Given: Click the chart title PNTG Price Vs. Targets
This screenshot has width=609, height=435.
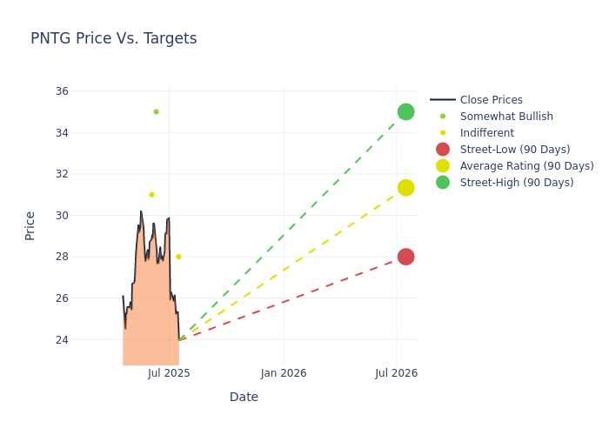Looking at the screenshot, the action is coord(113,38).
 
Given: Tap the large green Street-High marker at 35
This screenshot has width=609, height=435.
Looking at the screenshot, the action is coord(405,112).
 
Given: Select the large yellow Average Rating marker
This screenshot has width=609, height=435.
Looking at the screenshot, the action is coord(405,188).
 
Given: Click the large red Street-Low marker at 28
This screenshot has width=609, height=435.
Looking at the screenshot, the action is coord(405,257).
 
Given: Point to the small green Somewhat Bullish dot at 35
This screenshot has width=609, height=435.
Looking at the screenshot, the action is coord(156,112).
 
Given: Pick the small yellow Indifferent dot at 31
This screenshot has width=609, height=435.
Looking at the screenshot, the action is coord(151,195).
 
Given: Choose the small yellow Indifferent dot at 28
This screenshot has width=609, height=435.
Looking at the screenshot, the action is coord(178,257).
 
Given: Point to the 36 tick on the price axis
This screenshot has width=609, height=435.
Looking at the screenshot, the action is coord(62,90).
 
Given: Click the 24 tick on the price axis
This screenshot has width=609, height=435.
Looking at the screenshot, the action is coord(62,340).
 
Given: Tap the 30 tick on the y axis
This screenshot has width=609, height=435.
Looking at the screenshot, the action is coord(62,216).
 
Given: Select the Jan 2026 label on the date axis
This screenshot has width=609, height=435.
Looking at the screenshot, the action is coord(284,373).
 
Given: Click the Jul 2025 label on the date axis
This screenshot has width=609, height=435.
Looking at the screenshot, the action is coord(169,373).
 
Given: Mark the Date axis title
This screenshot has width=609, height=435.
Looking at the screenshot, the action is coord(244,397).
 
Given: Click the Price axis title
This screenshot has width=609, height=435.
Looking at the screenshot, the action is coord(30,226).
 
